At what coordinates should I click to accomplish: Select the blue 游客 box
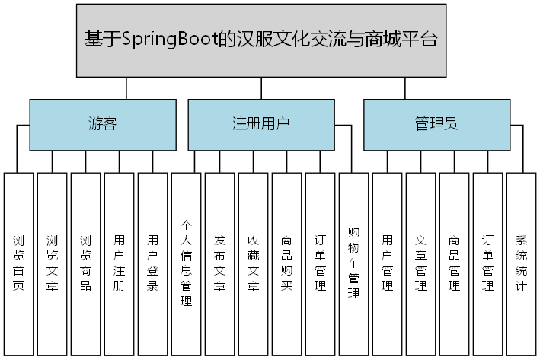click(x=102, y=124)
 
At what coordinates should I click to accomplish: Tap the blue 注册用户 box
click(x=260, y=124)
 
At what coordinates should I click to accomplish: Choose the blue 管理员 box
click(x=436, y=124)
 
